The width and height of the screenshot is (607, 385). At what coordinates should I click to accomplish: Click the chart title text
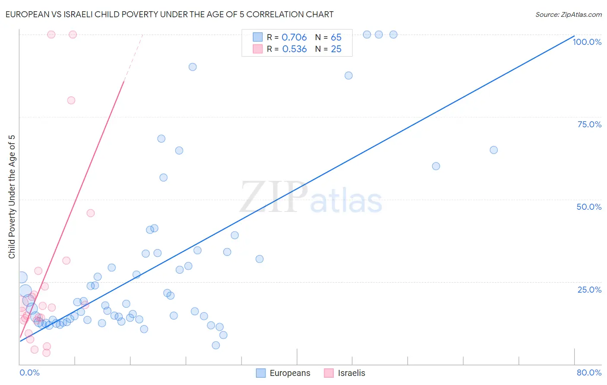pos(169,14)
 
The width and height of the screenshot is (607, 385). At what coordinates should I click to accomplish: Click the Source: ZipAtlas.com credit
pos(568,14)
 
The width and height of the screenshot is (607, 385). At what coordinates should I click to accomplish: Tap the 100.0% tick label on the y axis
pos(587,42)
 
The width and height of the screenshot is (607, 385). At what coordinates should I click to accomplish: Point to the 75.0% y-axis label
pos(589,124)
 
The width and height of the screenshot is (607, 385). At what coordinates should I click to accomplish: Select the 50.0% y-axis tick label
pos(589,207)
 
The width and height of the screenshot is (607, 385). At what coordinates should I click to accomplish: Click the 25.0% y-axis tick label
pos(589,289)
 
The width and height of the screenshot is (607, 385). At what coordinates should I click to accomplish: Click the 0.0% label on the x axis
pos(29,372)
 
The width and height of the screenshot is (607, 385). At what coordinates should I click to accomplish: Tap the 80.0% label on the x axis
pos(589,372)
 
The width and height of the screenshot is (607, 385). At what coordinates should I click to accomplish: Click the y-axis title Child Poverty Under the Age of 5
pos(12,197)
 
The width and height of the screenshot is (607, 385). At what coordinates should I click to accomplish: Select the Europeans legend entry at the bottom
pos(283,373)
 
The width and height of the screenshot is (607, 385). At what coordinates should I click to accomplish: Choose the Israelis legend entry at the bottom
pos(345,373)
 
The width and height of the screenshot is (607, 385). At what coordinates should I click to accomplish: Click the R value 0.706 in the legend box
pos(294,38)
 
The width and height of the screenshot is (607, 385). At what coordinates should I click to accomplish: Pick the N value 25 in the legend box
pos(336,49)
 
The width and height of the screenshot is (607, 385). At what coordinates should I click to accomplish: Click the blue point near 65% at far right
pos(493,150)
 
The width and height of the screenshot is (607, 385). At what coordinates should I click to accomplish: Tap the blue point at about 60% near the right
pos(436,166)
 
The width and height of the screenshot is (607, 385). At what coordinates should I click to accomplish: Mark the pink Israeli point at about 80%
pos(71,100)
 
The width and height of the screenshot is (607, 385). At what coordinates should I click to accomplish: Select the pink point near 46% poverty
pos(91,213)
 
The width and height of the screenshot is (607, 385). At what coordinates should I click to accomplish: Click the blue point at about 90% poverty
pos(193,67)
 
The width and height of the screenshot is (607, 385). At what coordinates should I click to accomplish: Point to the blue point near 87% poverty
pos(348,76)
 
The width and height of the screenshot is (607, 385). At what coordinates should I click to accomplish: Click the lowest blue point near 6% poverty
pos(216,345)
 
